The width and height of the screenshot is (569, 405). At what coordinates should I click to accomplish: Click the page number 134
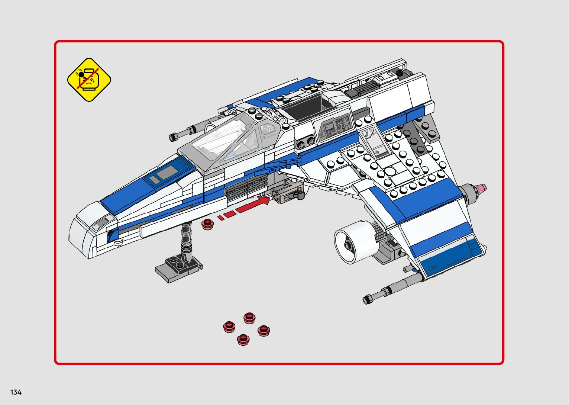point(16,392)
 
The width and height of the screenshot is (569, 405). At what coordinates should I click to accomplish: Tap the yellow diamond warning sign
point(89,79)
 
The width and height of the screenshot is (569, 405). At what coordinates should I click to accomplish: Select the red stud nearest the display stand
point(207,224)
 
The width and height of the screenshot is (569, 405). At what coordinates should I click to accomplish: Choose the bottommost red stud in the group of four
point(243,339)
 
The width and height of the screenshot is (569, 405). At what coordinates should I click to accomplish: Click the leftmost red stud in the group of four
point(229,327)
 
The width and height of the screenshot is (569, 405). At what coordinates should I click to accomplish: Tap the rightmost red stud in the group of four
point(263,330)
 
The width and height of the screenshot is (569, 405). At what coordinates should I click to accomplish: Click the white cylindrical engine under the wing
point(353,242)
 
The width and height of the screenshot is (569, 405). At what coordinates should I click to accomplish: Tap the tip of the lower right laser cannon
point(367,299)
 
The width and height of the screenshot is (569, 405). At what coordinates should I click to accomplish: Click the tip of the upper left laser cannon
point(173,137)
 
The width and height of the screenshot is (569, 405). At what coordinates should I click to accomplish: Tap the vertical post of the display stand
point(186,240)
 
